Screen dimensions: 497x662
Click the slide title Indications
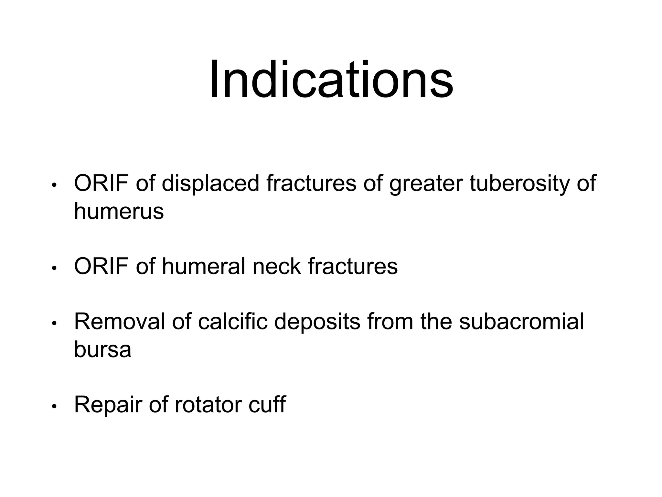[x=331, y=80]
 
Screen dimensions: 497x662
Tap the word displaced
[x=210, y=183]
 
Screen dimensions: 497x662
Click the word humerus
[x=119, y=212]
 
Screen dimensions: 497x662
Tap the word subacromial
[x=521, y=322]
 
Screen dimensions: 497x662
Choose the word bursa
[x=102, y=349]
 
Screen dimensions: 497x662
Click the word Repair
[x=108, y=405]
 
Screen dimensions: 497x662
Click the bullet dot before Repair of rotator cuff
[x=54, y=406]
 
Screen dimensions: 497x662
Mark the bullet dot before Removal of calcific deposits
[x=54, y=324]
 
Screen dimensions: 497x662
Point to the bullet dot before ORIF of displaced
[x=54, y=185]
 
